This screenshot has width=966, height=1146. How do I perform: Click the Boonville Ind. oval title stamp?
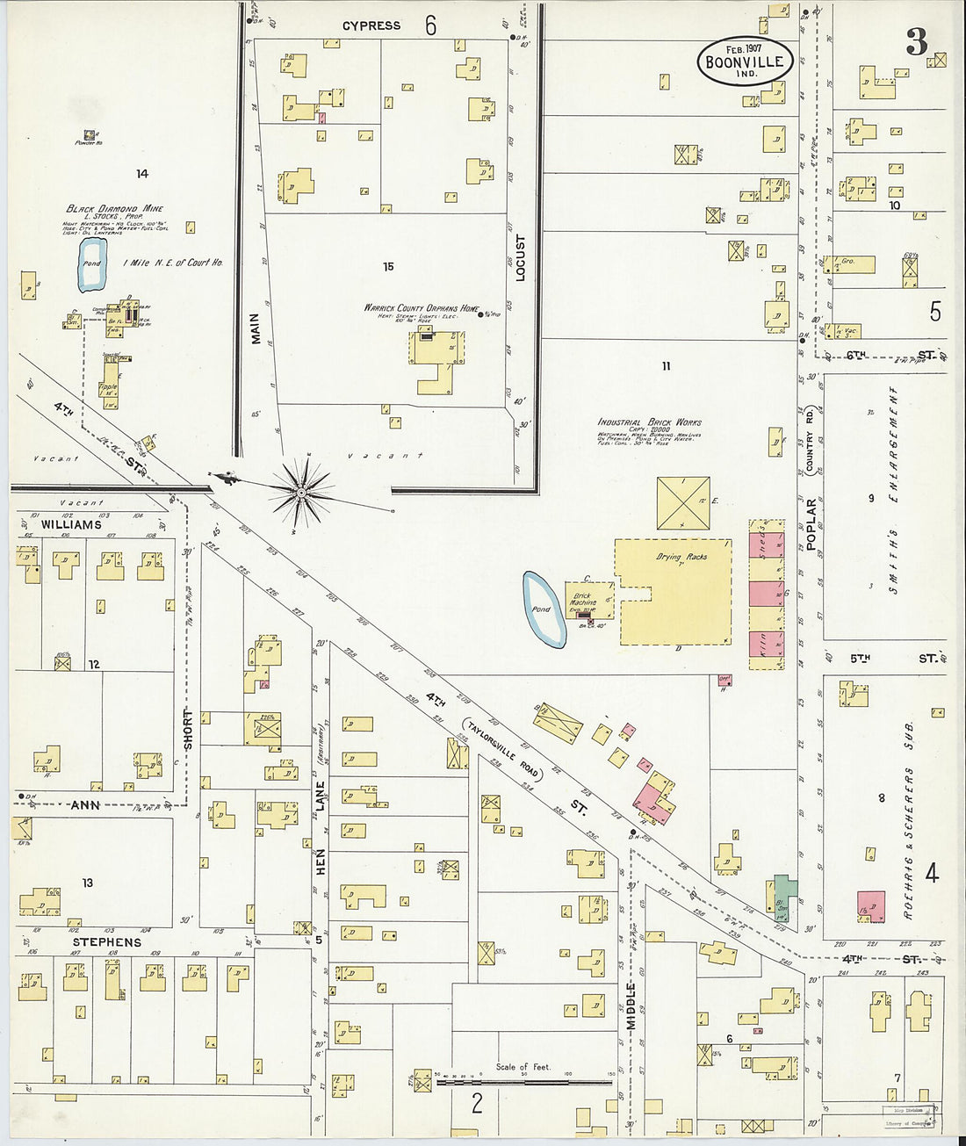click(x=746, y=61)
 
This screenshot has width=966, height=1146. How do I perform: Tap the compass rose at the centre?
click(x=301, y=493)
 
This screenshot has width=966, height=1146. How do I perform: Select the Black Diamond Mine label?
click(x=115, y=209)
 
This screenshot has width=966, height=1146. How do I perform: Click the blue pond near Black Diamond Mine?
click(x=91, y=264)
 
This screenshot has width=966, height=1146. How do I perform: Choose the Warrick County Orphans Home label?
click(x=422, y=308)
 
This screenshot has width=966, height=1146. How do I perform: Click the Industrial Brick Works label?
click(x=649, y=422)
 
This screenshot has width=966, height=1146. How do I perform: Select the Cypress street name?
click(x=371, y=26)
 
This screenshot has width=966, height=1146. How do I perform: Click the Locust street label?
click(x=520, y=257)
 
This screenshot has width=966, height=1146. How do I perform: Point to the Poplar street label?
click(x=811, y=524)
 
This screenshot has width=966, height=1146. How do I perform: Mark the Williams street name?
click(x=71, y=524)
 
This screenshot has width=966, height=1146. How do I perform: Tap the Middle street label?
click(x=631, y=1005)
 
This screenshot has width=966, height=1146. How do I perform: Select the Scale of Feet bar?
click(x=523, y=1082)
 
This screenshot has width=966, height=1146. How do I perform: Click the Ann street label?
click(x=85, y=804)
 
